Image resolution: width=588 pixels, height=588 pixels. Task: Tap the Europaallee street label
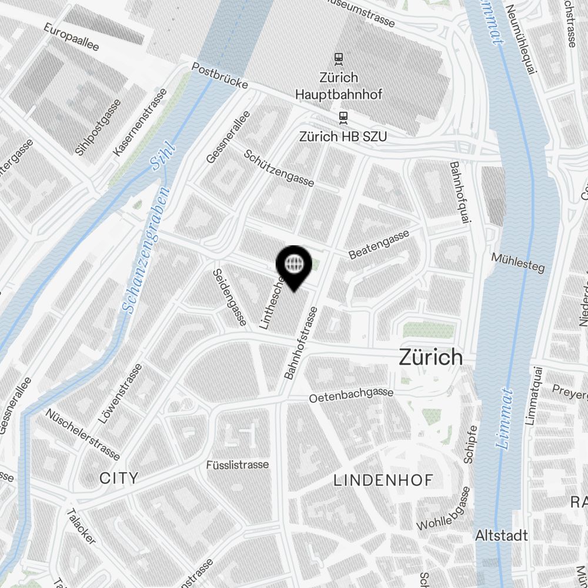(71, 37)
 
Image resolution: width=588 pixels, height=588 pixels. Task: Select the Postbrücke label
(220, 76)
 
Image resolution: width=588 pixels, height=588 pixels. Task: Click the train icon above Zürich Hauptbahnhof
(338, 58)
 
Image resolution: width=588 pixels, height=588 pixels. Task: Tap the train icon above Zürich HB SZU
(343, 118)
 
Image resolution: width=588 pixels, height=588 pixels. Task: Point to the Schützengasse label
(279, 167)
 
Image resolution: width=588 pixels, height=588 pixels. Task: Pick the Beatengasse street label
(379, 245)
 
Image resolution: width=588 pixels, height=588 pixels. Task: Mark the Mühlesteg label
(517, 262)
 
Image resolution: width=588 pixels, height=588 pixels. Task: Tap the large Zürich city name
(430, 357)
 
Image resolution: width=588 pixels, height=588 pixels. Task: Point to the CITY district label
(119, 477)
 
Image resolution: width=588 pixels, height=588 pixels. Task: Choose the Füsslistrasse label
(238, 465)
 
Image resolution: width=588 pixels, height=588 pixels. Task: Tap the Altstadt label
(501, 536)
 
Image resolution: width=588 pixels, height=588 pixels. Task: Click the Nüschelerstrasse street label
(82, 435)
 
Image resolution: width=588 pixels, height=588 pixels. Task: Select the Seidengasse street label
(229, 297)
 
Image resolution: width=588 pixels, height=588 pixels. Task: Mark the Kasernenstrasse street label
(136, 127)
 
